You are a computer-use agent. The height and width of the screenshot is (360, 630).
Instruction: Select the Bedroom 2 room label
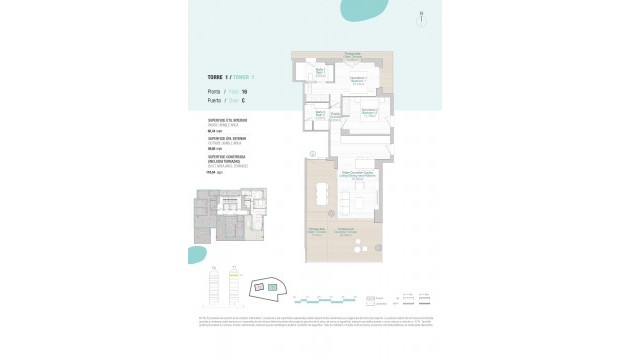[x=367, y=111]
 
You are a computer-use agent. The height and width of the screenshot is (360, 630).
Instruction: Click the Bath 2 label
[x=336, y=116]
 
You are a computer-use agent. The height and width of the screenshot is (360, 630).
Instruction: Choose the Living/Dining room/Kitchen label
[x=357, y=174]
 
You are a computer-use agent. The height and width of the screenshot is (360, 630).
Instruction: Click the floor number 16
[x=244, y=91]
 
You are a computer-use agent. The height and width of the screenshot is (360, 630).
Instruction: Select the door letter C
[x=244, y=100]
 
